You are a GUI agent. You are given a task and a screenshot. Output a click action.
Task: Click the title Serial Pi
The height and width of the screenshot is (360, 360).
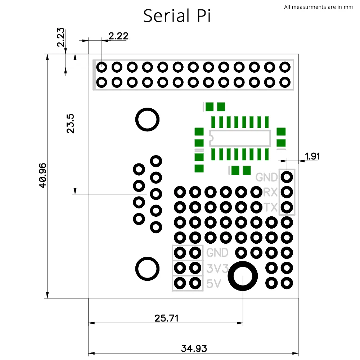pos(177,15)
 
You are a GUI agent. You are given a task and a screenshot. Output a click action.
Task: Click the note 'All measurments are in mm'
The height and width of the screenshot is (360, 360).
pos(318,7)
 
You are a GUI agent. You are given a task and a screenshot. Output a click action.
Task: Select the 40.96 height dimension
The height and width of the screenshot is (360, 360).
pos(43,176)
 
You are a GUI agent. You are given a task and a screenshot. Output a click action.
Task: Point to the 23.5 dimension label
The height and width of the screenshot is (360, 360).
pos(70,123)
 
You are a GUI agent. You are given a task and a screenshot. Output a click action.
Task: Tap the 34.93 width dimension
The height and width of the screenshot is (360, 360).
pos(194,348)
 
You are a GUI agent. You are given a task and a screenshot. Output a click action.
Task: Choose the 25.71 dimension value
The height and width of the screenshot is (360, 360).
pos(166,318)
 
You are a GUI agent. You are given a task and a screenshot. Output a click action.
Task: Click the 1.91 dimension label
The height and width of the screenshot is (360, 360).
pos(312,156)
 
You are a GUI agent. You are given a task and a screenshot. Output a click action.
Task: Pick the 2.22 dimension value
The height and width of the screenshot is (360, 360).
pos(118,36)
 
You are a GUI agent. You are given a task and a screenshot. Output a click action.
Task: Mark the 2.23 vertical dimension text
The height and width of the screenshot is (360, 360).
pos(60,37)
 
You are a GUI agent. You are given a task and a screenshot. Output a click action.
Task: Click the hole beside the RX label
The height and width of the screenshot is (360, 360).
pos(287,192)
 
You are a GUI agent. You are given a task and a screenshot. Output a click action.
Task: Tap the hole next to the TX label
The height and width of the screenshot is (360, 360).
pos(287,207)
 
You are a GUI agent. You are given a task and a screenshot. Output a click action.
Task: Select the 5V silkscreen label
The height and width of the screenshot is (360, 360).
pos(213,284)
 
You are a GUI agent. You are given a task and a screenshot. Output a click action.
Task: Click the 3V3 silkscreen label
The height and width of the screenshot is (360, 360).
pos(217,269)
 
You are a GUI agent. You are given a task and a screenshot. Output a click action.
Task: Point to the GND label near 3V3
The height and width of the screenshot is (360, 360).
pos(217,253)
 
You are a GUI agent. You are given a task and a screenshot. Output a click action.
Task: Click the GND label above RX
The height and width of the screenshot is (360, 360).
pos(266,177)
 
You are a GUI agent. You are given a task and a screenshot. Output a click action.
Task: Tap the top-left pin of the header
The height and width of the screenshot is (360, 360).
pos(102,67)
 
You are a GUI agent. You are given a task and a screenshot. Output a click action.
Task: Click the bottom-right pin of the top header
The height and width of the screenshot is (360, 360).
pos(285,82)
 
